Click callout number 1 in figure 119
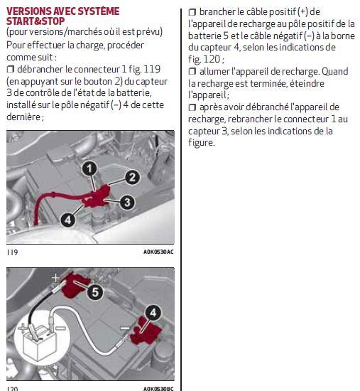(89, 168)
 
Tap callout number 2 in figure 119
(132, 177)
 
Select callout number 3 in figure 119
(127, 202)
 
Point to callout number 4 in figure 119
(68, 220)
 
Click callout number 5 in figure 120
(95, 291)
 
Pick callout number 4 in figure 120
(153, 313)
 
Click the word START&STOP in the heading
(36, 21)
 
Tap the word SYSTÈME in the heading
(99, 11)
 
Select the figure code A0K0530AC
(158, 252)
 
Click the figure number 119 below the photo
(12, 252)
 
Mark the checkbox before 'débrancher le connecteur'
(11, 70)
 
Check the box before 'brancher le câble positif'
(192, 12)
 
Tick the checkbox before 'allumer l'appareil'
(192, 72)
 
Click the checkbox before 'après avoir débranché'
(192, 107)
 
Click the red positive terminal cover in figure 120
(75, 285)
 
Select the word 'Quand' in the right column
(335, 72)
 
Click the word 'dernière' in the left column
(24, 117)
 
